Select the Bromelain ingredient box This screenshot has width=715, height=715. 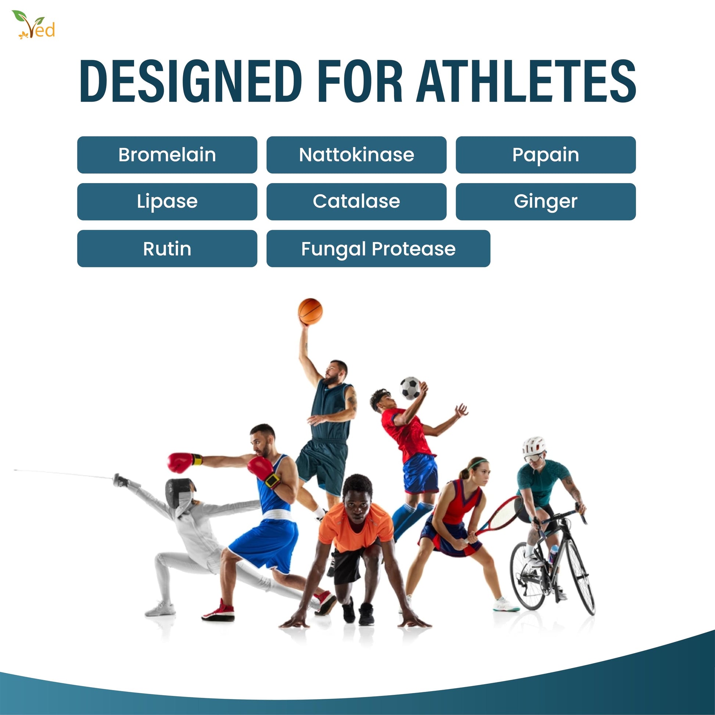(167, 155)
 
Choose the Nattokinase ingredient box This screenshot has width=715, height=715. (356, 155)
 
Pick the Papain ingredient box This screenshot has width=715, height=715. (546, 155)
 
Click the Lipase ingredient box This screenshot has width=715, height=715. (167, 202)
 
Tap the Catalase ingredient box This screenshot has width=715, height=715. (356, 202)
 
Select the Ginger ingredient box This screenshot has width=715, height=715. (546, 202)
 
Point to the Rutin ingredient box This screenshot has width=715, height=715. (167, 249)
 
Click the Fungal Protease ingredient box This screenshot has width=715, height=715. (378, 249)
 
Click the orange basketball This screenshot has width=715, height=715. (310, 311)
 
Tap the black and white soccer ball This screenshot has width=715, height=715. (411, 388)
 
